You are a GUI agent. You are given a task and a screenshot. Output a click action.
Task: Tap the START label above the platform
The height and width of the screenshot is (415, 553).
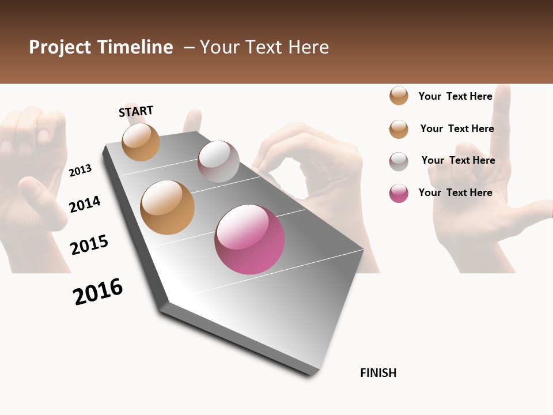pos(136,111)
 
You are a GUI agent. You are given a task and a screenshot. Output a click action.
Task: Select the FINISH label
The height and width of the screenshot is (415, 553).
pos(378,373)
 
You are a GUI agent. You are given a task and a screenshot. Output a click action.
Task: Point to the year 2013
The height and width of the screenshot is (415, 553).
pos(80,171)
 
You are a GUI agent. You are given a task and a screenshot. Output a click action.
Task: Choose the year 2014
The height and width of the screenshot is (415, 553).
pos(85,204)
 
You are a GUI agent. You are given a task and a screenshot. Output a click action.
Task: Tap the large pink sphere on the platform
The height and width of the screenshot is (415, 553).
pos(249,239)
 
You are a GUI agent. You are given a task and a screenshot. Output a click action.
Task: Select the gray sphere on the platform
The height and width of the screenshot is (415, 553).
pos(218,161)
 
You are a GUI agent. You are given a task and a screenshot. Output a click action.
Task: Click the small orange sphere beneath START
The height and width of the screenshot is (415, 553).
pos(141,142)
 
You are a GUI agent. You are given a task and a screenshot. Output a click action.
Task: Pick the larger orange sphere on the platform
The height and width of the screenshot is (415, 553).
pos(168,207)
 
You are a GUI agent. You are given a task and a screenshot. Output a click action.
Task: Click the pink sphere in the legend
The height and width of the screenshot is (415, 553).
pos(399,193)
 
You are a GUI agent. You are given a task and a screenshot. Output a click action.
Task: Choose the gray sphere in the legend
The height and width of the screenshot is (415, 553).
pos(399,161)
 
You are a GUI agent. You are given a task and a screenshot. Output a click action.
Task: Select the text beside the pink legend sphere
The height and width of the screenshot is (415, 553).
pos(455,193)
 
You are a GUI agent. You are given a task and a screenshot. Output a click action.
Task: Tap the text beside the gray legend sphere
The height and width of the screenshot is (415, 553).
pos(458,160)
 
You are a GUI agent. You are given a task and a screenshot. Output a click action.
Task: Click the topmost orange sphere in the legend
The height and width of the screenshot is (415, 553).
pos(399,96)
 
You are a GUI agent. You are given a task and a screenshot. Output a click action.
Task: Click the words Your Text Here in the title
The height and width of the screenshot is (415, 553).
pos(264,47)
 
